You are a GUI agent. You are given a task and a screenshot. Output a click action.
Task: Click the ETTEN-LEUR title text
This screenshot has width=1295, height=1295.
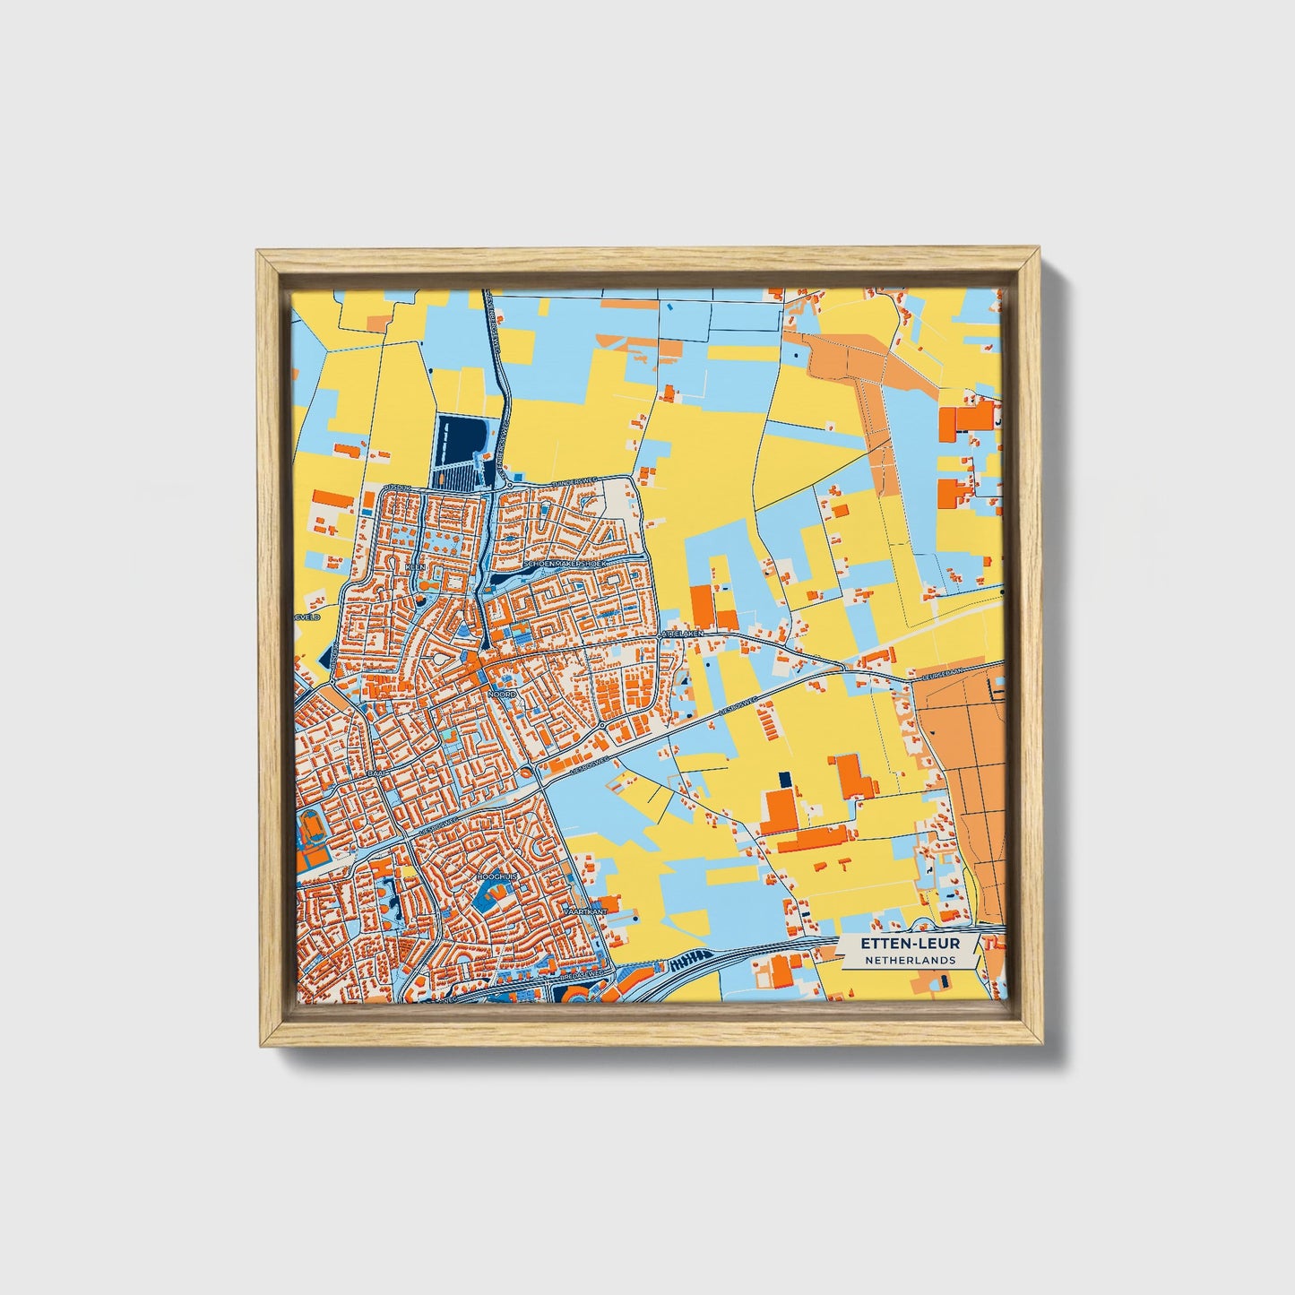pyautogui.click(x=910, y=944)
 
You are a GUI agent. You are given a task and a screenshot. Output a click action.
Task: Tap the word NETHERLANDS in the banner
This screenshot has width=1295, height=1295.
pyautogui.click(x=910, y=960)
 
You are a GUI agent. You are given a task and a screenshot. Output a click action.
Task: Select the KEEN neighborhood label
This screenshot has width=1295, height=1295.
pyautogui.click(x=415, y=568)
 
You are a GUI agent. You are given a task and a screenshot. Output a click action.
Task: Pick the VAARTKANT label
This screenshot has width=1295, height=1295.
pyautogui.click(x=585, y=911)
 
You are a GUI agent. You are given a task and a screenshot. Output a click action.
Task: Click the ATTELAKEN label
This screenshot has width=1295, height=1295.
pyautogui.click(x=683, y=634)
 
